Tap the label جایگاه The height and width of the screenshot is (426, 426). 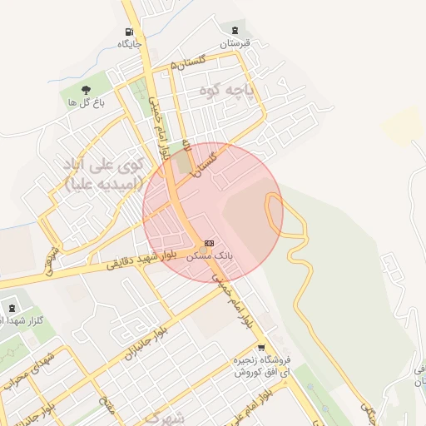[x=127, y=43]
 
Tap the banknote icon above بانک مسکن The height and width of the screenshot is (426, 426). [x=208, y=242]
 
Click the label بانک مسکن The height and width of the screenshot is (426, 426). [x=208, y=255]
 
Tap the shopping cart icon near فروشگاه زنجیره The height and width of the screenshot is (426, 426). [x=261, y=349]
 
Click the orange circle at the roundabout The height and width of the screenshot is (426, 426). [x=203, y=249]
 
